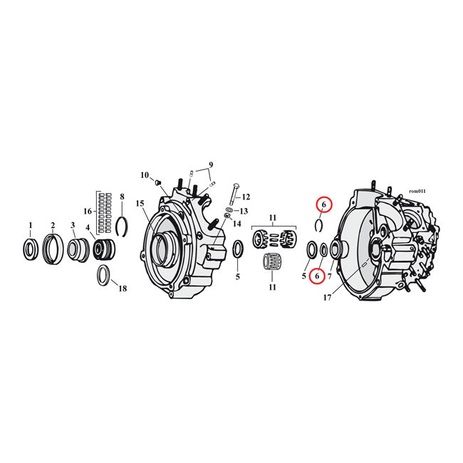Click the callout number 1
[30, 226]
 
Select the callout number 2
[52, 226]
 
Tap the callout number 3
[73, 226]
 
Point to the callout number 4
[88, 229]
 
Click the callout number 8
[122, 197]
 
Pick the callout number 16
[88, 212]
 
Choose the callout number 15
[140, 204]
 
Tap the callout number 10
[144, 175]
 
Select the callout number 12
[246, 197]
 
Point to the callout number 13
[243, 211]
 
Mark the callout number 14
[237, 224]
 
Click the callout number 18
[122, 288]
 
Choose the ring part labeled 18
[103, 274]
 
